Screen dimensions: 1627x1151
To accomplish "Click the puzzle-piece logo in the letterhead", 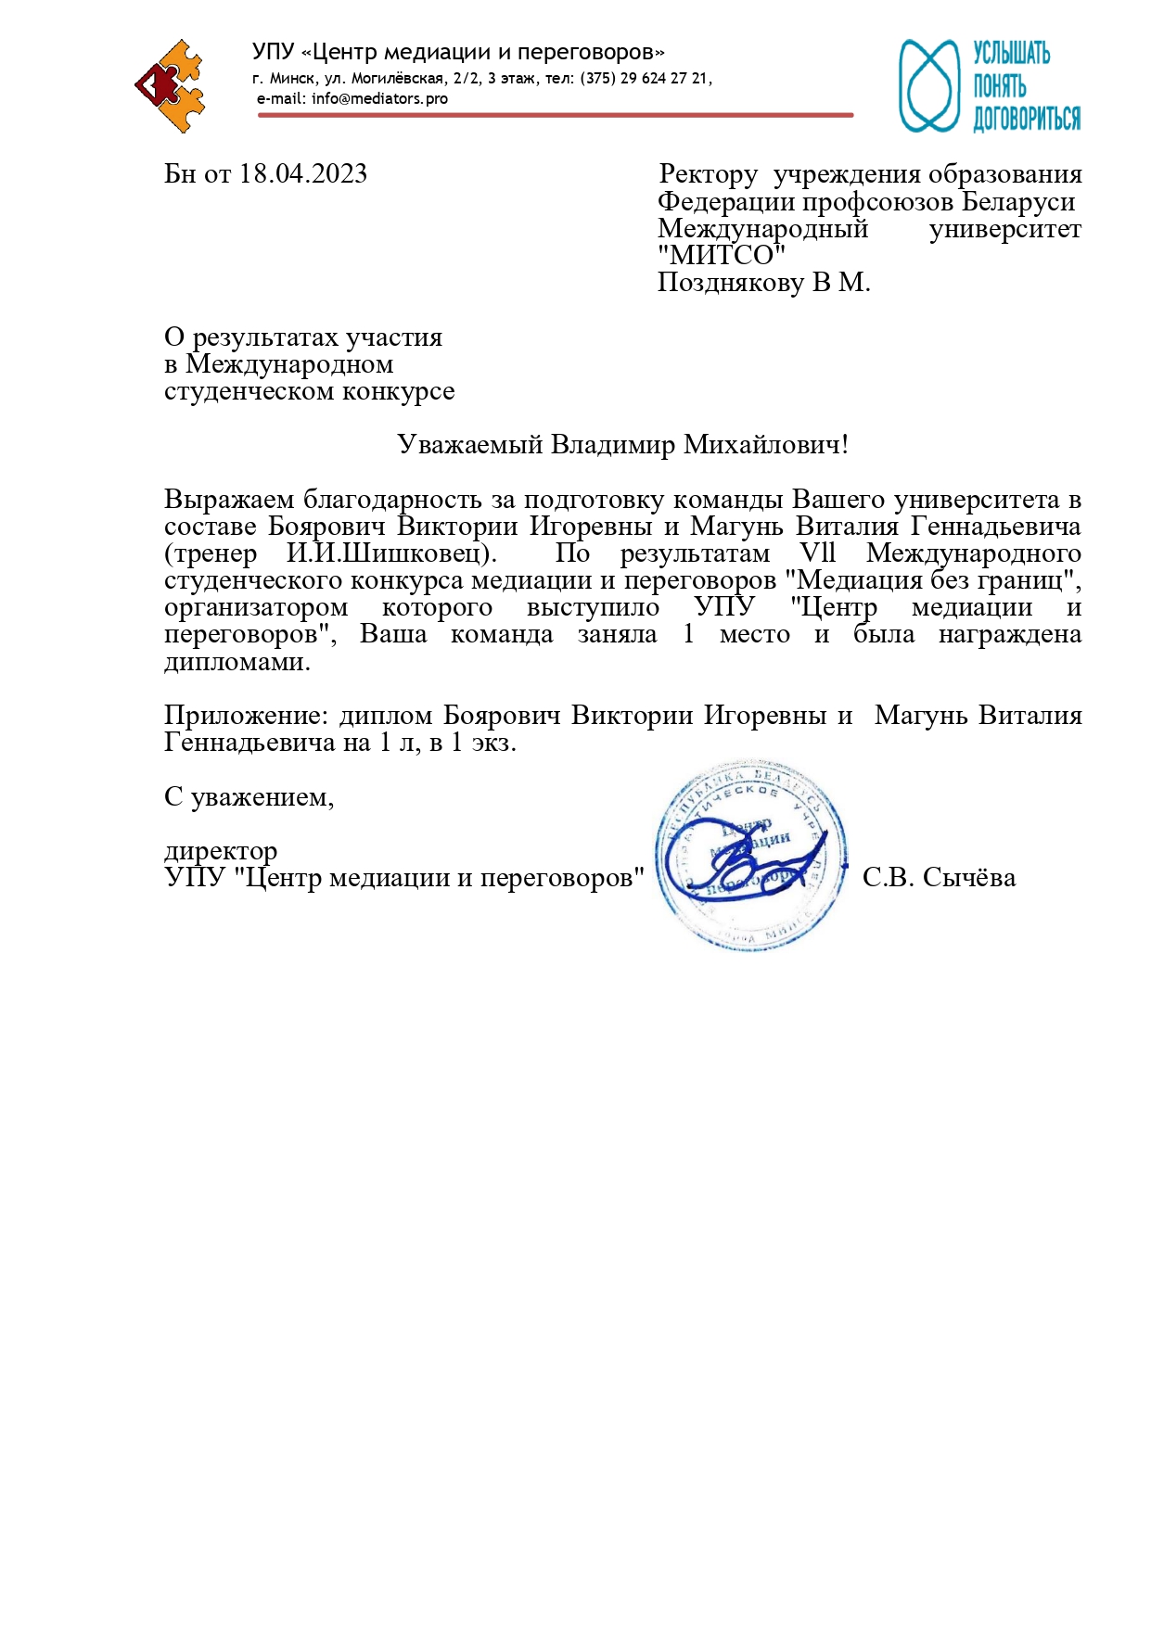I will (170, 86).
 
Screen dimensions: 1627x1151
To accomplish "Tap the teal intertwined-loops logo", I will (928, 85).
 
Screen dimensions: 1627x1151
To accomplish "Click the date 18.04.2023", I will (303, 174).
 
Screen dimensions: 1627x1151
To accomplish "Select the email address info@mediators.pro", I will (379, 98).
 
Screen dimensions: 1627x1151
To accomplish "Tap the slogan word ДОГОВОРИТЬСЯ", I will (1027, 119).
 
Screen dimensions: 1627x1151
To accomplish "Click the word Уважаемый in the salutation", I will (470, 445).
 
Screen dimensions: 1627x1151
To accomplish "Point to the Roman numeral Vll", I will (818, 553).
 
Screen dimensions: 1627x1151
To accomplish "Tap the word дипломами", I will (237, 662).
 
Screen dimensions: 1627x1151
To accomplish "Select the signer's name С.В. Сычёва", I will (939, 878).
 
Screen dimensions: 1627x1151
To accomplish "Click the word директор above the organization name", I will (221, 851).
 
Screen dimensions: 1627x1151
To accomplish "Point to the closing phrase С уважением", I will (249, 797).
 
